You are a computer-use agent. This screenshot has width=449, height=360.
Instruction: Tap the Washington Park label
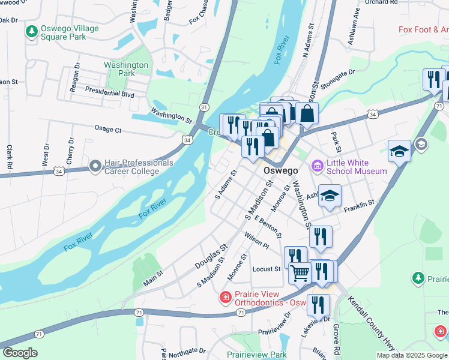click(x=126, y=69)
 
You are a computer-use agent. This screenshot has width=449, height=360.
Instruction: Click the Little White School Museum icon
click(x=317, y=166)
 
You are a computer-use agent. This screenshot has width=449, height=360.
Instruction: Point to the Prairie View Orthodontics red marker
click(x=225, y=297)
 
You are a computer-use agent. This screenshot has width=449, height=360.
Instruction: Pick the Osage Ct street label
click(x=108, y=129)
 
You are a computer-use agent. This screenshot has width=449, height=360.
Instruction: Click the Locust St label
click(x=267, y=269)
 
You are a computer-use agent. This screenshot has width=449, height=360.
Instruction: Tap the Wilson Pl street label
click(x=256, y=241)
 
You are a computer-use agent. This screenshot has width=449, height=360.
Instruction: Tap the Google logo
click(x=20, y=353)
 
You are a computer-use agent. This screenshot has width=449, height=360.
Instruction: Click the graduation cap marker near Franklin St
click(x=329, y=196)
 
